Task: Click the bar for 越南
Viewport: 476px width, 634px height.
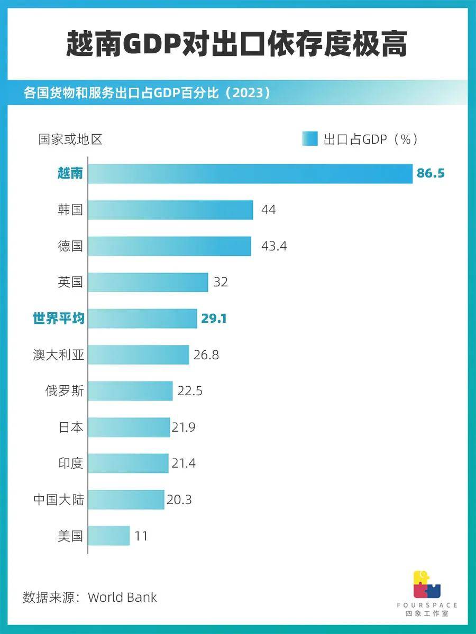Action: click(x=250, y=173)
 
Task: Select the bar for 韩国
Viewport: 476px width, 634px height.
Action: click(x=170, y=210)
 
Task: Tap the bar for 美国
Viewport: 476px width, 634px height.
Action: click(x=109, y=536)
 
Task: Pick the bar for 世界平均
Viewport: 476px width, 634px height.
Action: click(x=142, y=319)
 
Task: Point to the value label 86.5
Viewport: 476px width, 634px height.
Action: click(x=431, y=173)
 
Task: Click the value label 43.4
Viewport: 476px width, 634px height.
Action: click(x=274, y=246)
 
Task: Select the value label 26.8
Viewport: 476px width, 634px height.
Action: click(x=206, y=355)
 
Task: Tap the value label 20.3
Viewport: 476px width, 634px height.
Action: click(x=179, y=500)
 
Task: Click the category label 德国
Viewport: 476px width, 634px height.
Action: click(x=70, y=246)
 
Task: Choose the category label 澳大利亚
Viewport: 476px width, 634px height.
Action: click(x=58, y=355)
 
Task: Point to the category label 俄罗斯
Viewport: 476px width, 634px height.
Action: click(x=64, y=391)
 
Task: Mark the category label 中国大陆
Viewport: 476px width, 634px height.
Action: click(x=58, y=500)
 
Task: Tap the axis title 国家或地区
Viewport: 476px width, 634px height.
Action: click(x=70, y=139)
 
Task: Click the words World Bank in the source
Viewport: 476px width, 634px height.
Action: click(x=122, y=598)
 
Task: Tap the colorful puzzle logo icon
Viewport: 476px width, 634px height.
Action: click(x=427, y=584)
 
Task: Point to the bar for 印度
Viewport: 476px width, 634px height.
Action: click(x=128, y=463)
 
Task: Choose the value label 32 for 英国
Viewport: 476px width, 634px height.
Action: click(x=221, y=282)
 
